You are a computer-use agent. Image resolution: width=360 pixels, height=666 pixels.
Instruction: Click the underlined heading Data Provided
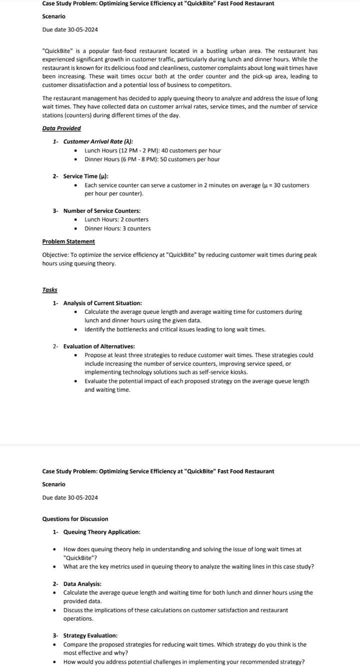point(61,128)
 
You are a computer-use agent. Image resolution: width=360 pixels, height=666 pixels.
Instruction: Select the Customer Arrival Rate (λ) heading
point(98,142)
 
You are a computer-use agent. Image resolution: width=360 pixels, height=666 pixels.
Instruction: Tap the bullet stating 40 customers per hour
point(152,150)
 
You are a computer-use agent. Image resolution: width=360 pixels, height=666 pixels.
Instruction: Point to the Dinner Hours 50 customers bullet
point(152,159)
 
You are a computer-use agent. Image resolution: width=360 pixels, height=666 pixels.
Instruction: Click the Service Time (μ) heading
point(85,176)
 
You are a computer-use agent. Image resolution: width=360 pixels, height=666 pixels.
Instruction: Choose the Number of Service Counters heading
point(101,211)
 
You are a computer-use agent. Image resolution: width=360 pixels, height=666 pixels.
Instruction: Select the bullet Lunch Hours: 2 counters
point(116,220)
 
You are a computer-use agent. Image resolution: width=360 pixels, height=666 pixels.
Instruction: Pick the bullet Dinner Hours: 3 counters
point(117,229)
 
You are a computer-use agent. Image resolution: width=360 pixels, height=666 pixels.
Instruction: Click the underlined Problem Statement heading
point(68,242)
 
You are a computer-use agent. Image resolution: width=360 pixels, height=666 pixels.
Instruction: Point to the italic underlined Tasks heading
point(49,290)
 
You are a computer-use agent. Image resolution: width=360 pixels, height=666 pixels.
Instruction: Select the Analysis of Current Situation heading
point(102,303)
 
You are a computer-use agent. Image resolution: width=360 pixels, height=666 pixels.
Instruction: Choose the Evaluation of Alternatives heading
point(99,346)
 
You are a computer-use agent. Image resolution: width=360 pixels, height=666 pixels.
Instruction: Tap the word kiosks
point(239,372)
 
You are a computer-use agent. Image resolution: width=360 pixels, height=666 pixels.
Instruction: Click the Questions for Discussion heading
point(75,519)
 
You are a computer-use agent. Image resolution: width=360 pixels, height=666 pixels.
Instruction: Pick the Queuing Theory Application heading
point(101,532)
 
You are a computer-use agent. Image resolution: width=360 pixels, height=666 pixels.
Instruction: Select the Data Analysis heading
point(82,584)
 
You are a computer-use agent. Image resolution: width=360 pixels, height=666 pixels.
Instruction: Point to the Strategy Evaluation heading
point(90,636)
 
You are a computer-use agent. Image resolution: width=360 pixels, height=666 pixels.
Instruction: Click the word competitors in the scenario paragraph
point(216,85)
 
